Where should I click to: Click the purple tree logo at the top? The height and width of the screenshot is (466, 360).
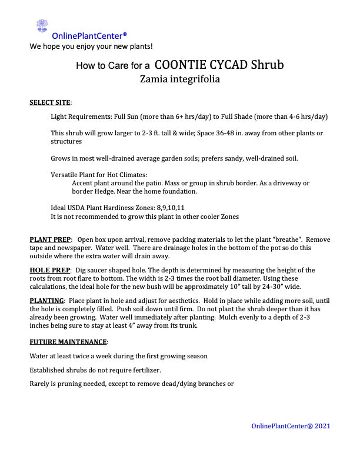(42, 25)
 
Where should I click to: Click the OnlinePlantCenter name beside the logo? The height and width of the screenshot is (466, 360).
(89, 36)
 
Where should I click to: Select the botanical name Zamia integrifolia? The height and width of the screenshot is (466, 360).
(180, 79)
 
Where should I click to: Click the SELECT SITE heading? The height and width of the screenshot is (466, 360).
(51, 102)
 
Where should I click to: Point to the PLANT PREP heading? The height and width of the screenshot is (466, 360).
(51, 240)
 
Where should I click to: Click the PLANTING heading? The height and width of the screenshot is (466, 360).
(46, 301)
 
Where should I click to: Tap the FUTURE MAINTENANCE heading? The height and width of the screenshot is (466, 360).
(69, 341)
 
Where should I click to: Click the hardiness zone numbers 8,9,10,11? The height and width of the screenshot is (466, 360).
(170, 208)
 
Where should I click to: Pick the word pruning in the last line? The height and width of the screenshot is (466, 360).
(66, 384)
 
